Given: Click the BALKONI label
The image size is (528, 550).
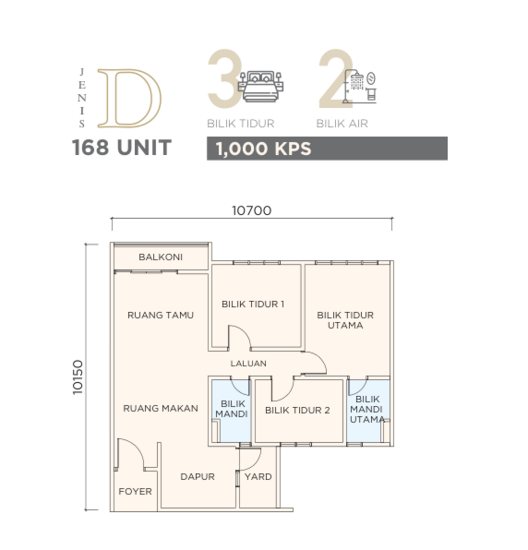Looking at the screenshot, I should (x=160, y=257).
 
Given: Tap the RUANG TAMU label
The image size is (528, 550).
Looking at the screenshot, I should (x=160, y=315).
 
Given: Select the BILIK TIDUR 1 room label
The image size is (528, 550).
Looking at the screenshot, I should (x=253, y=304).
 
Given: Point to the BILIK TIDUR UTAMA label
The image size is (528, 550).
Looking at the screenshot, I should (x=345, y=320).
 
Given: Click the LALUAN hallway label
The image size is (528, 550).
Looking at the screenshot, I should (x=248, y=363).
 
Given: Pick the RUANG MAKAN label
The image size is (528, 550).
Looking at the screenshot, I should (x=160, y=408).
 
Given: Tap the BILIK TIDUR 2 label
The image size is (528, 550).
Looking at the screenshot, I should (x=297, y=410).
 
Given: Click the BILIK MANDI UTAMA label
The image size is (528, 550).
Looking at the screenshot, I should (x=368, y=409).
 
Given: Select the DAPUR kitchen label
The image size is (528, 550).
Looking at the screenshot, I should (x=198, y=477).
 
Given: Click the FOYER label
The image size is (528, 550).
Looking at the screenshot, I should (x=135, y=491).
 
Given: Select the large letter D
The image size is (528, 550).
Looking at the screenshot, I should (x=133, y=97).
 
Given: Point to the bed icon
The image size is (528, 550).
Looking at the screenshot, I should (x=264, y=82).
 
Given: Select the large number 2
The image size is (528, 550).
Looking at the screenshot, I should (x=330, y=80).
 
